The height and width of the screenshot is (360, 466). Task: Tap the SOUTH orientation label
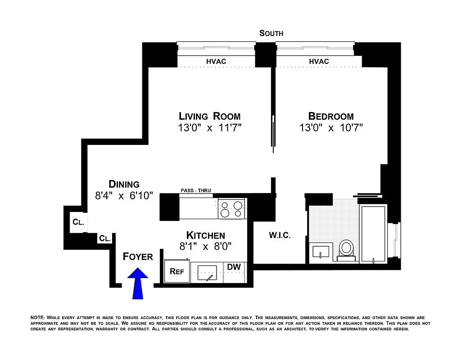coord(271,33)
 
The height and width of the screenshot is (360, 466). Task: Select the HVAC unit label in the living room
coord(216,61)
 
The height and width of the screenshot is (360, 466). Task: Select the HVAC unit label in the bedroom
coord(319,61)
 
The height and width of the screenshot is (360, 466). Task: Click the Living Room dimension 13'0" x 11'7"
coord(210,128)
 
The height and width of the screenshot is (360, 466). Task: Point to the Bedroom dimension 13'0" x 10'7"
coord(331,128)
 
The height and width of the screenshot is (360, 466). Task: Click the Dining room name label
coord(124,184)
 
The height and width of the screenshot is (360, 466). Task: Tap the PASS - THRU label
coord(195,190)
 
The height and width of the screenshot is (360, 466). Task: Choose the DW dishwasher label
coord(234,267)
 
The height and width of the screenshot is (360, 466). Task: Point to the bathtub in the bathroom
coord(373,234)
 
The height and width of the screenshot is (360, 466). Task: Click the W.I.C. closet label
coord(280,235)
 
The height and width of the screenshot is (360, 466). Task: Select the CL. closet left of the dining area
coord(77,222)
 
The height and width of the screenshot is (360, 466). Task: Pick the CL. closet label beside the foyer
coord(104,238)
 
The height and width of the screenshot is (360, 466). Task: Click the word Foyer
coord(138,256)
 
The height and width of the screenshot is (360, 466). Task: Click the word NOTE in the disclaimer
coord(37,318)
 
